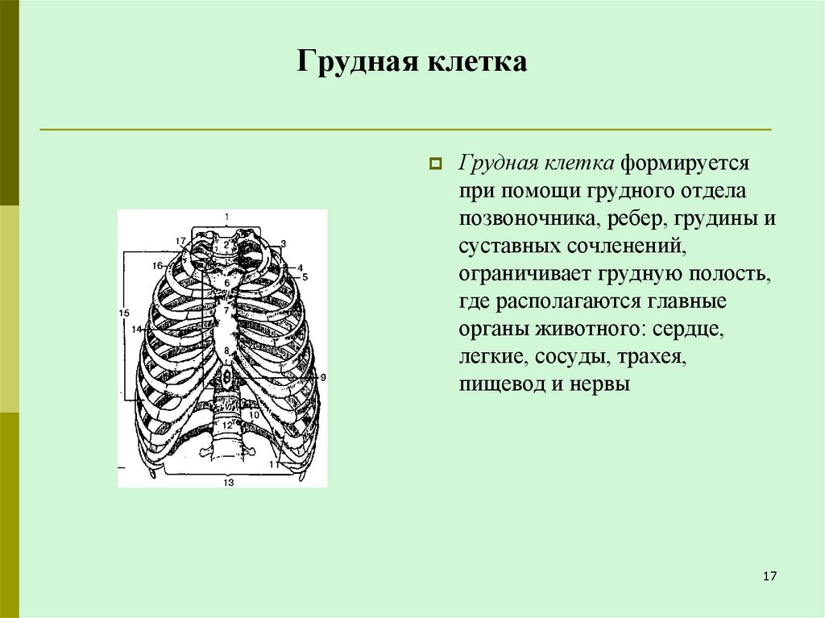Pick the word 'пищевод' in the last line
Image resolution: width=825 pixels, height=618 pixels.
click(502, 384)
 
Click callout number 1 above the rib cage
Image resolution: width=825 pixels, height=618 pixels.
click(227, 216)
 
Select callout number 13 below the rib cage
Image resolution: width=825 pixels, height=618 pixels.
click(229, 482)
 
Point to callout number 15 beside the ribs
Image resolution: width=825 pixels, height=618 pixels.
click(123, 312)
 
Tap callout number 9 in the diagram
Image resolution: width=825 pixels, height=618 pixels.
click(322, 377)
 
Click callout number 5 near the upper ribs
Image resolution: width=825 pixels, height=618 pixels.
click(305, 276)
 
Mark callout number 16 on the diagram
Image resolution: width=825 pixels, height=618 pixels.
click(156, 265)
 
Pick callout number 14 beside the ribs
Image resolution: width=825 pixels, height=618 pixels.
click(136, 329)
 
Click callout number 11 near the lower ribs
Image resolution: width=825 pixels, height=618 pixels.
click(275, 465)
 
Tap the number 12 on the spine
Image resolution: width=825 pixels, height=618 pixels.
click(227, 425)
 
